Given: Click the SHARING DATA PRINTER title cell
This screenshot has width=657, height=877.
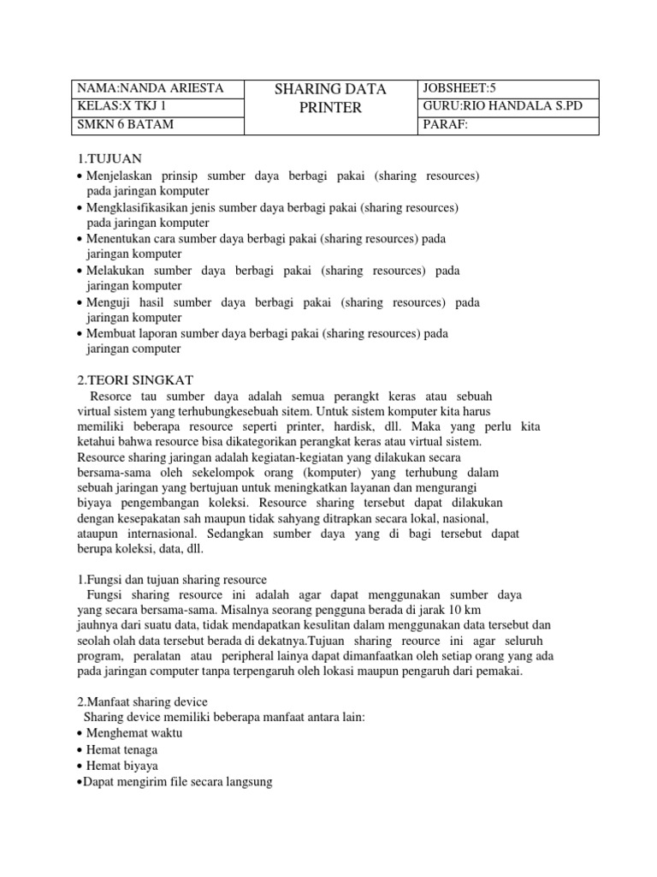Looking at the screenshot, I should [x=330, y=98].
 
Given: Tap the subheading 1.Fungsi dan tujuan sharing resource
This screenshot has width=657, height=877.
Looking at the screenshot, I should [x=172, y=580].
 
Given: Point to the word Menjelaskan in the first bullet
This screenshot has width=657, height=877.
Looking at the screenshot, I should [x=121, y=176].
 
